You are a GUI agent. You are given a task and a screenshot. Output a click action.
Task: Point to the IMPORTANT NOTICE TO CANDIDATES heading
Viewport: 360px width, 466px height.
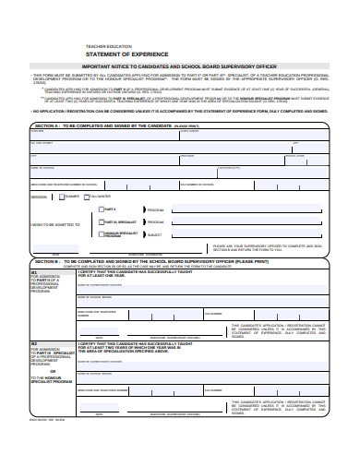tap(180, 66)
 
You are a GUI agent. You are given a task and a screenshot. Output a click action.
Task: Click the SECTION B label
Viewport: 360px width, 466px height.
tap(47, 262)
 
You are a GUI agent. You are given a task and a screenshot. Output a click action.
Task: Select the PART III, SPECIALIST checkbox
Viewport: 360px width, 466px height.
tap(100, 222)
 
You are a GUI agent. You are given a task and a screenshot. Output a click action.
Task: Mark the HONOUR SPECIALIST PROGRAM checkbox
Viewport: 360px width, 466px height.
tap(100, 235)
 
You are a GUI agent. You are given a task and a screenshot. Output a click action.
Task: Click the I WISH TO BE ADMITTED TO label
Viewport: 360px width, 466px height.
tap(55, 223)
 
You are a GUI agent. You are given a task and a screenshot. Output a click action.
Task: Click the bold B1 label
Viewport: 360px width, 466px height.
tap(34, 273)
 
